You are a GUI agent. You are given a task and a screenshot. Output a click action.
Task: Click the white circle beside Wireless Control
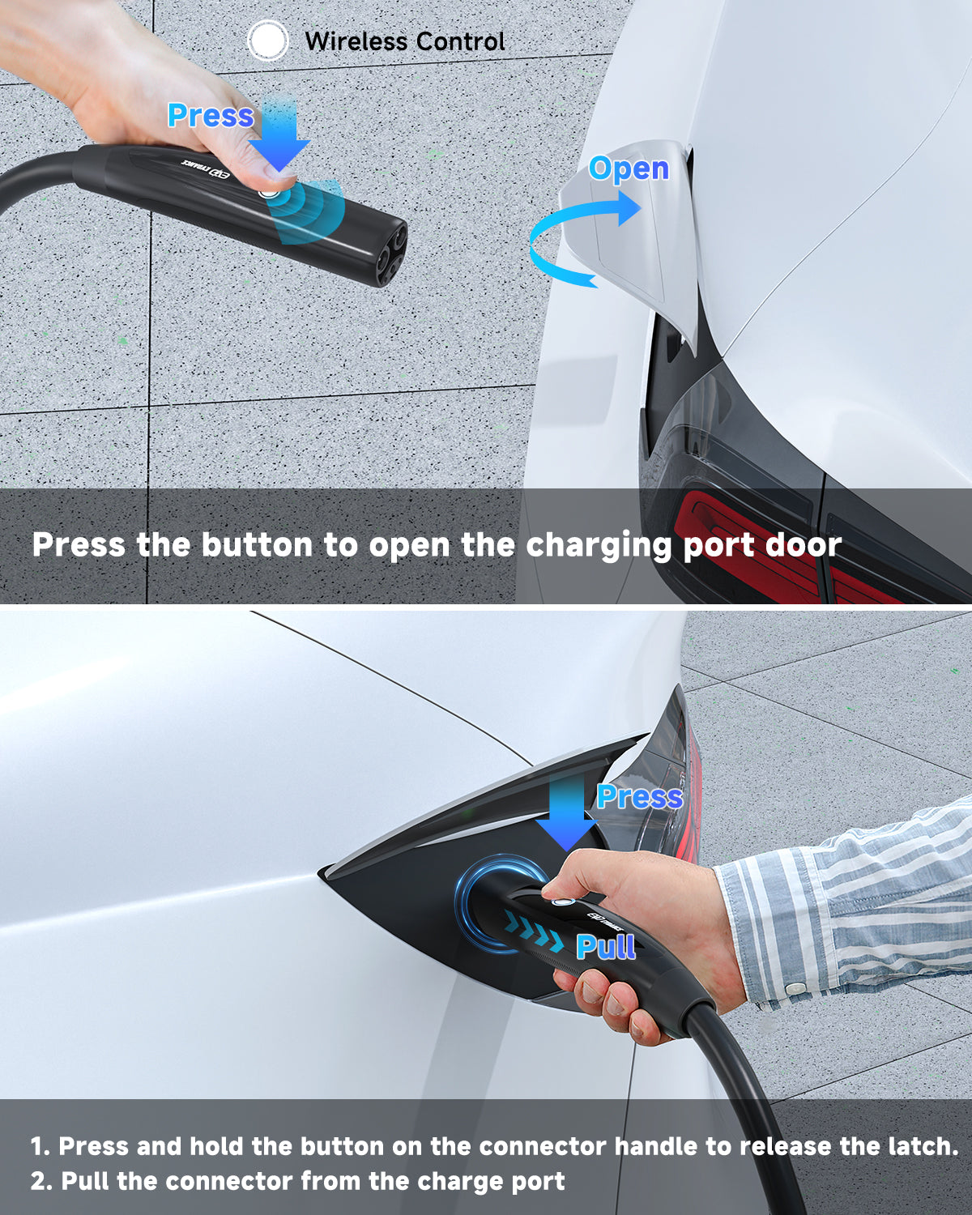(x=268, y=40)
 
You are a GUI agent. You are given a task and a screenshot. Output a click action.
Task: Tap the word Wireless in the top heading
(x=356, y=41)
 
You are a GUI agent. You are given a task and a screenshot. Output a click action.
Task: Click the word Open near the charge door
(x=629, y=168)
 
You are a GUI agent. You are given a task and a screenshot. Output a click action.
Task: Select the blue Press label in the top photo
(x=211, y=116)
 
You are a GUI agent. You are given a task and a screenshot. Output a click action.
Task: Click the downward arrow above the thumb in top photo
(x=279, y=134)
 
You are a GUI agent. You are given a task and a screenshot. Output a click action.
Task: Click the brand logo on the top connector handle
(x=207, y=169)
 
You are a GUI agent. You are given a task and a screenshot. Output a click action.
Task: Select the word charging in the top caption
(x=599, y=546)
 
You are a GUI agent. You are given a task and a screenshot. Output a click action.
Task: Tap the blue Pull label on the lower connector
(x=605, y=946)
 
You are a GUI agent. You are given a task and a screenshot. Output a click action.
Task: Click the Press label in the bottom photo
(x=640, y=797)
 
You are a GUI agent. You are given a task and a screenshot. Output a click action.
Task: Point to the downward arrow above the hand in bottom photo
(x=566, y=813)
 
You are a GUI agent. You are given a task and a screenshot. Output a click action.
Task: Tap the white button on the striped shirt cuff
(x=796, y=988)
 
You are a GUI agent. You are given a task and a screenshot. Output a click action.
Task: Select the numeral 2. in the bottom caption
(x=42, y=1181)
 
